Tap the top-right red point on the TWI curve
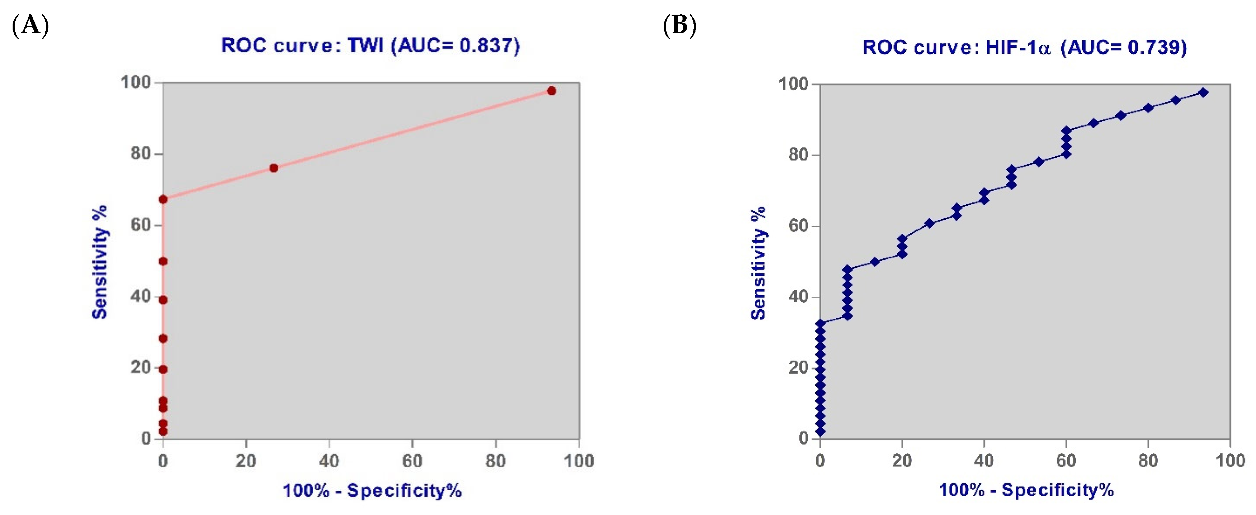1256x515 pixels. (551, 91)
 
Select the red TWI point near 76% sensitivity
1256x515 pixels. (274, 168)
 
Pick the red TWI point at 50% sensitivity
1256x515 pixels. (163, 261)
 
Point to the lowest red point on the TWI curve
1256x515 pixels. (163, 431)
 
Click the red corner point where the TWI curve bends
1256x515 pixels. (163, 199)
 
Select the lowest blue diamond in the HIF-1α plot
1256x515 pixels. (820, 431)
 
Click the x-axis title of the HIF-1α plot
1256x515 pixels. (1026, 490)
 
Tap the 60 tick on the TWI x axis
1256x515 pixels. (413, 461)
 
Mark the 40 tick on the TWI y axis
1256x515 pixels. (140, 297)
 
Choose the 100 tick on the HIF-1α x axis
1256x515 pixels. (1230, 461)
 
